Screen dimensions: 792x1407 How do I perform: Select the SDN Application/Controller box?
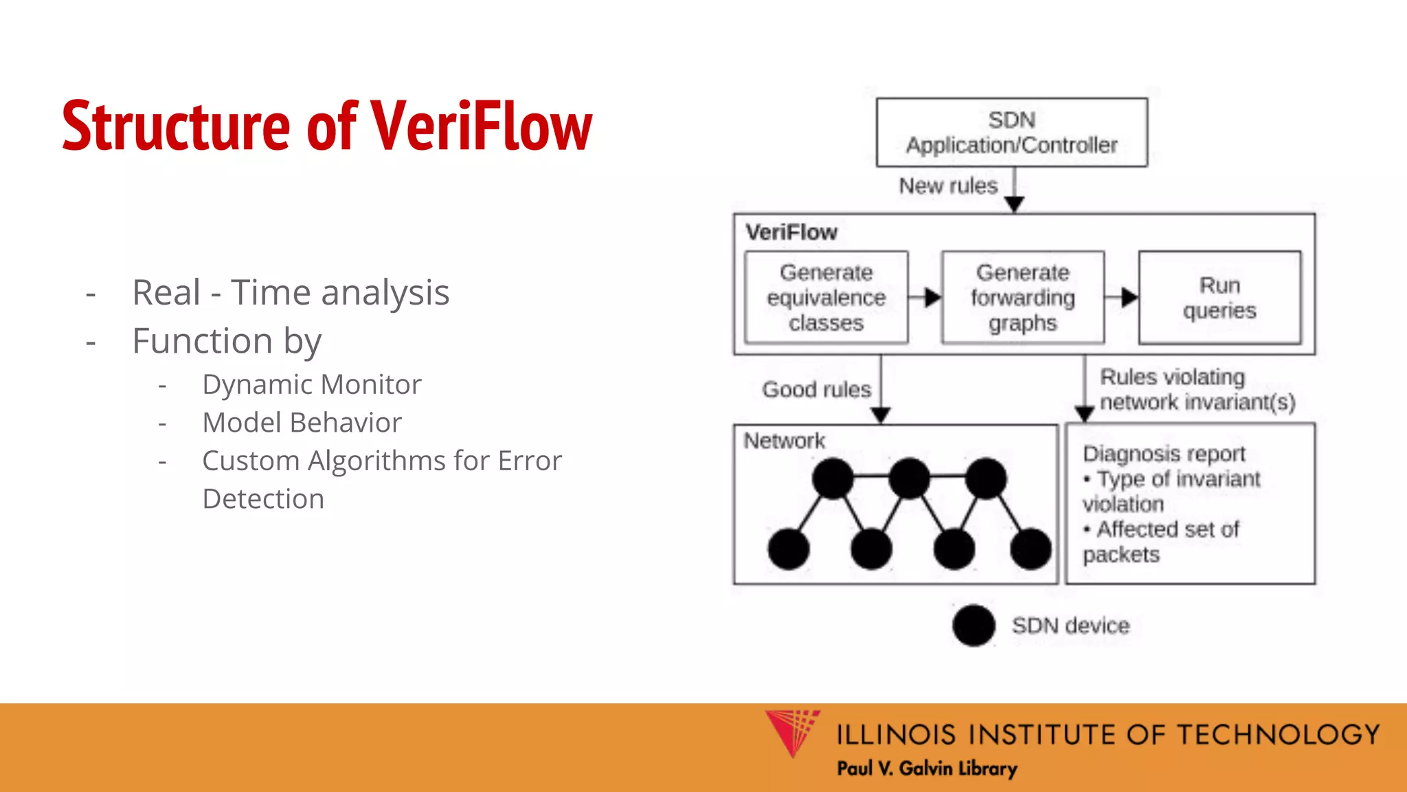1011,132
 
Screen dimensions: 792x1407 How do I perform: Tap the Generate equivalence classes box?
826,297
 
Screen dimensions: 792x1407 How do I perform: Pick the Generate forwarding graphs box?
1022,297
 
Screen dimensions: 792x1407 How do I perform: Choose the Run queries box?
1219,297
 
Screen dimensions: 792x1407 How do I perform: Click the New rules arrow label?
948,186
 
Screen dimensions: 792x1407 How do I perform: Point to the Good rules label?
816,389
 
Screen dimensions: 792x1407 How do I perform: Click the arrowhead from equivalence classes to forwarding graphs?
932,298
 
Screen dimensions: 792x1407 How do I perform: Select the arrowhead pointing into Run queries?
1129,298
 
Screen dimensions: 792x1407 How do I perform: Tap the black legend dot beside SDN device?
973,626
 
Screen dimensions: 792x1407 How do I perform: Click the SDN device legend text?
1070,626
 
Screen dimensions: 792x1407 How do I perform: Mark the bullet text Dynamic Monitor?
311,384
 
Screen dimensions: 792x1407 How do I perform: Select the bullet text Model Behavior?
302,422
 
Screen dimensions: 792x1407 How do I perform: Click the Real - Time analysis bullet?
291,292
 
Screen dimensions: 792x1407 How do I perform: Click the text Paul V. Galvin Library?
927,768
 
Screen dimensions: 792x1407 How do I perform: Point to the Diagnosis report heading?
1164,454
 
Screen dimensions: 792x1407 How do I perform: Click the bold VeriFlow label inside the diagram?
791,232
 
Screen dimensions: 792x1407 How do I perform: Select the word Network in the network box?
784,441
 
